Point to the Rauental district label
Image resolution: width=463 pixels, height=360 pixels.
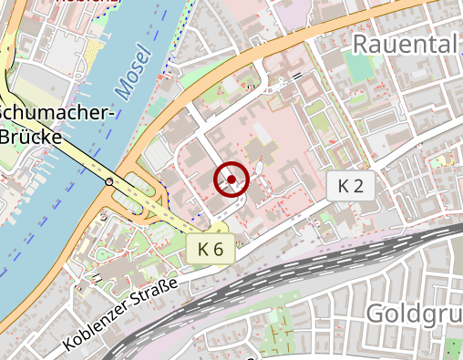tap(403, 44)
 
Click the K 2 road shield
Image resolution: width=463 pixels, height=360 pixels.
tap(350, 187)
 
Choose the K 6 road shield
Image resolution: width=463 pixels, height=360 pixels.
tap(211, 248)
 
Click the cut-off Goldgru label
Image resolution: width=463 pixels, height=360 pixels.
tap(413, 314)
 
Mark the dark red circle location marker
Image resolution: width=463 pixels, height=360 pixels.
tap(231, 180)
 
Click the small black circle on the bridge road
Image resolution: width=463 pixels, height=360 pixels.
tap(109, 181)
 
